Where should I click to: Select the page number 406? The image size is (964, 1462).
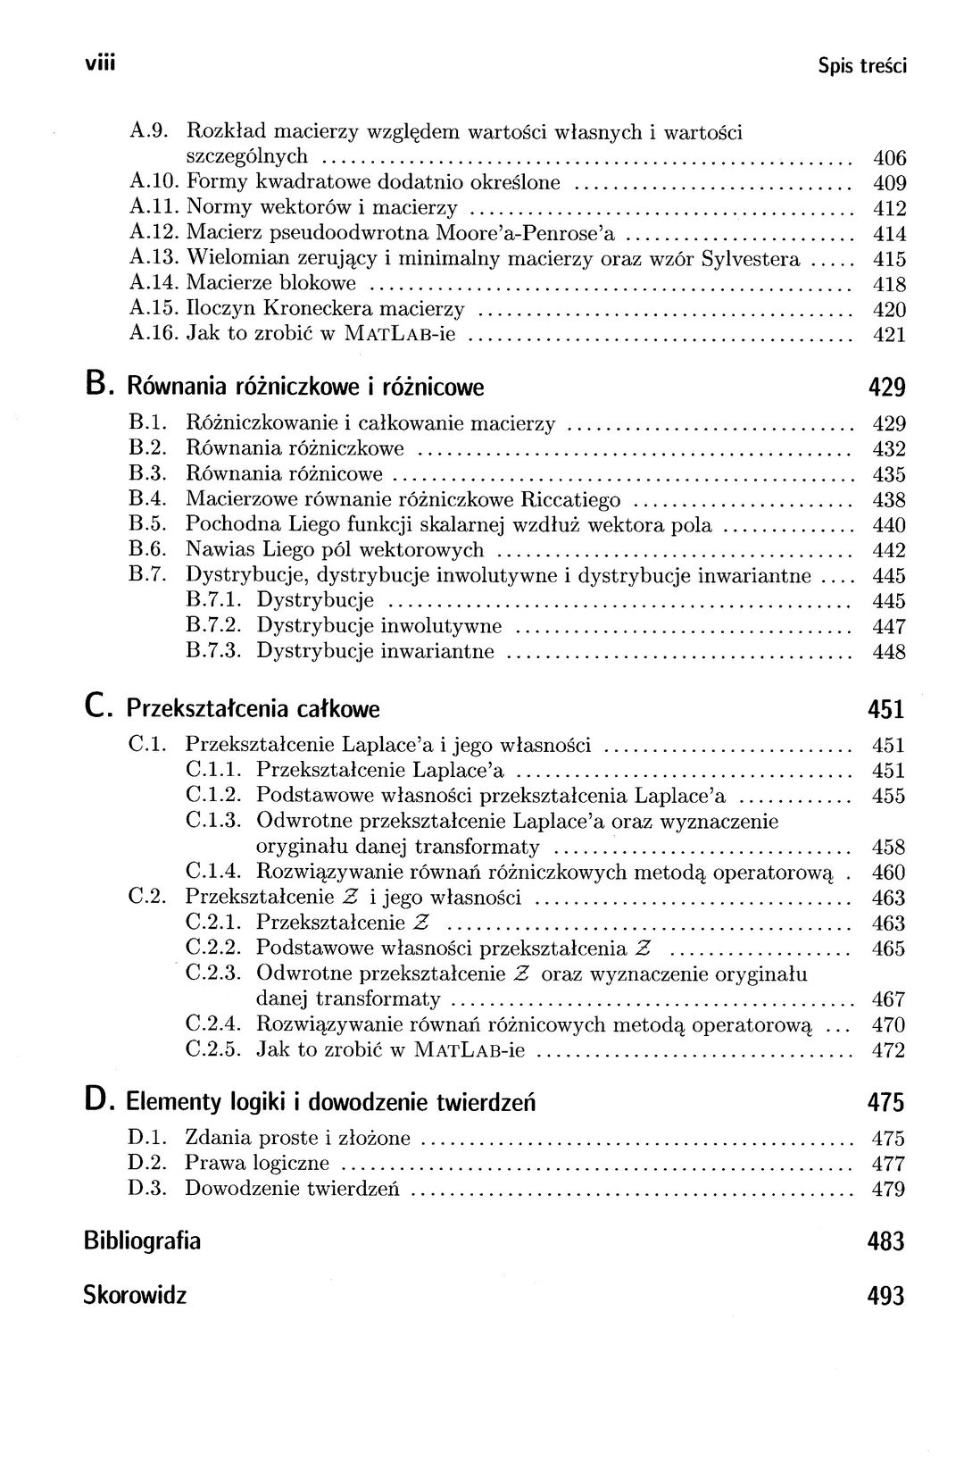pos(889,159)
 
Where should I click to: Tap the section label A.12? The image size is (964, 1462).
pos(155,234)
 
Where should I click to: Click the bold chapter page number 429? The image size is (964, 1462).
pos(886,388)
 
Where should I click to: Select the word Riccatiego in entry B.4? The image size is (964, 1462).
pos(571,499)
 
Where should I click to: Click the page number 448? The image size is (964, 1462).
pos(889,652)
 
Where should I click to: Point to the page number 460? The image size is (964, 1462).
pos(889,873)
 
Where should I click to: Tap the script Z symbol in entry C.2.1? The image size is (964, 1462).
pos(421,923)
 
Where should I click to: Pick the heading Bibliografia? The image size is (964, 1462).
pos(142,1241)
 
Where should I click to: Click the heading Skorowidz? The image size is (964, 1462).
pos(135,1294)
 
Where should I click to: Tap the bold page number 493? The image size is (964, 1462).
pos(885,1296)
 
